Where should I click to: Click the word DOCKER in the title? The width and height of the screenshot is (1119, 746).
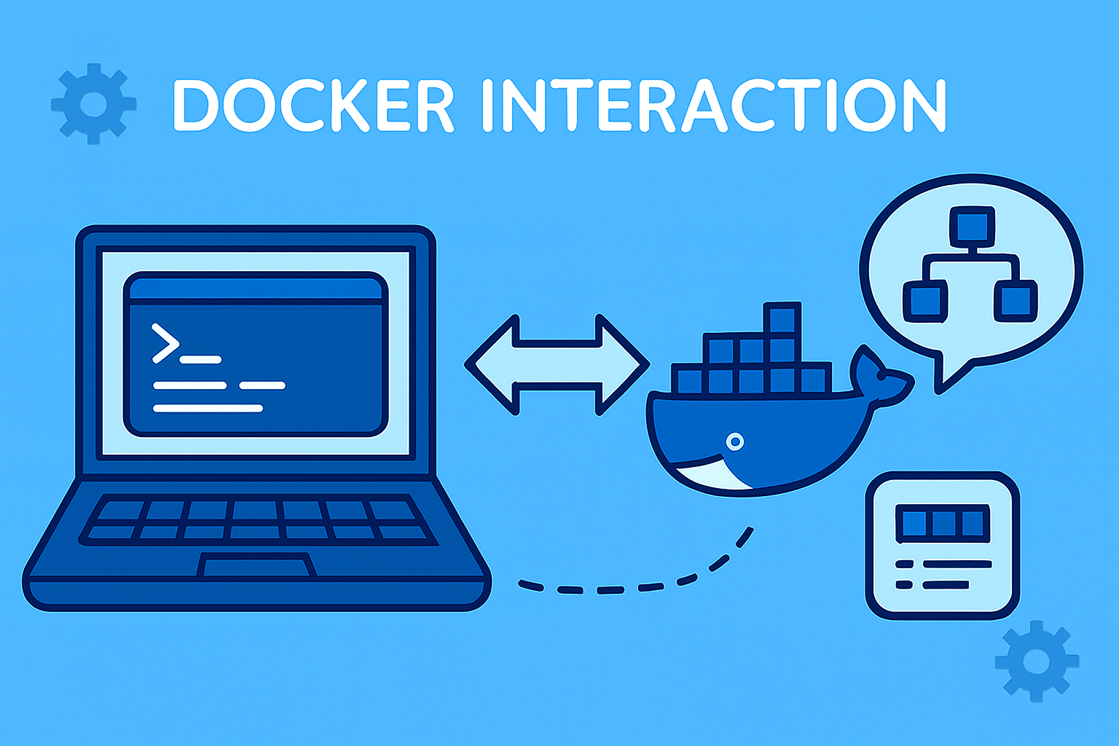click(313, 106)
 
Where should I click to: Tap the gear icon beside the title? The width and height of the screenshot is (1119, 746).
click(93, 103)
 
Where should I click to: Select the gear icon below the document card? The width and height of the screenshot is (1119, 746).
click(1036, 661)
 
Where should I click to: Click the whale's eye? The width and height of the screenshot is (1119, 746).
click(735, 441)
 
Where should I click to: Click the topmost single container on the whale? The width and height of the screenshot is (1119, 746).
click(782, 319)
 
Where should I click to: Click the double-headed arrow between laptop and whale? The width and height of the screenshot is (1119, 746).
click(557, 364)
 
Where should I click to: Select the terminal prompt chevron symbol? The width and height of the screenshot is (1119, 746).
click(165, 342)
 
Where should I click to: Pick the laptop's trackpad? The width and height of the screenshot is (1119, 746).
click(256, 565)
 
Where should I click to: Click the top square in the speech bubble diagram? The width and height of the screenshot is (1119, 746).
click(972, 226)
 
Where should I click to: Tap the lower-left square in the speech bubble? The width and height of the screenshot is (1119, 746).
click(925, 300)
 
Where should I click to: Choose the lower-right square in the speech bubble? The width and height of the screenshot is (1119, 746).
click(1016, 300)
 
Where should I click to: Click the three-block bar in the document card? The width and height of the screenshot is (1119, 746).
click(943, 523)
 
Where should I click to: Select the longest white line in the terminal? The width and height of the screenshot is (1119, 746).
click(208, 408)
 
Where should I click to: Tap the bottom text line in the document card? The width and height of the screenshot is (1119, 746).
click(946, 584)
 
